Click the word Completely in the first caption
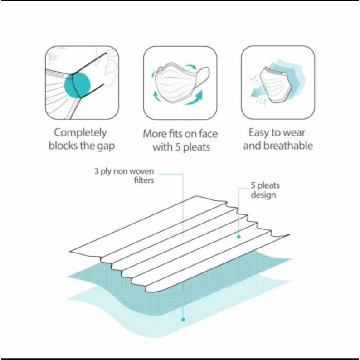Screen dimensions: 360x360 click(x=80, y=133)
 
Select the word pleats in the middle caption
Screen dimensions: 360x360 click(x=196, y=147)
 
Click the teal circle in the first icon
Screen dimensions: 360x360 click(x=77, y=84)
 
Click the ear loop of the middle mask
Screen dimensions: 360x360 click(x=202, y=77)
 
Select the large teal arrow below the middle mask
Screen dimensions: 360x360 click(x=194, y=98)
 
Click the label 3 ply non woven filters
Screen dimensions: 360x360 click(x=124, y=175)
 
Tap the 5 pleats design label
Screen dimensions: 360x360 click(x=265, y=190)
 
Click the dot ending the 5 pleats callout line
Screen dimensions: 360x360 click(x=239, y=237)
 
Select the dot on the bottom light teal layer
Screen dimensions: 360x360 click(x=183, y=319)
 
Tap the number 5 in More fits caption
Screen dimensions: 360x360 click(x=178, y=147)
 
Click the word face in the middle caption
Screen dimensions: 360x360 click(x=208, y=134)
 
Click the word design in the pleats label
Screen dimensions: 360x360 click(x=263, y=195)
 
